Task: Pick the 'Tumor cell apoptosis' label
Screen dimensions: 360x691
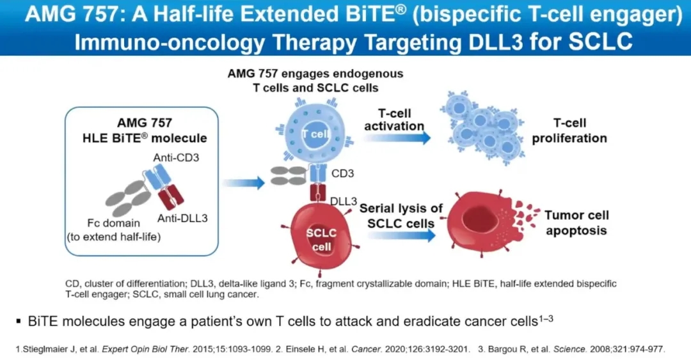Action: [x=576, y=223]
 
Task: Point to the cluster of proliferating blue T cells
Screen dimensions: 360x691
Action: [x=483, y=128]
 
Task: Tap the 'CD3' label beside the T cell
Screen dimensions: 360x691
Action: [x=344, y=173]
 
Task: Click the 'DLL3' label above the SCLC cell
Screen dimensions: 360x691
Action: [x=344, y=201]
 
